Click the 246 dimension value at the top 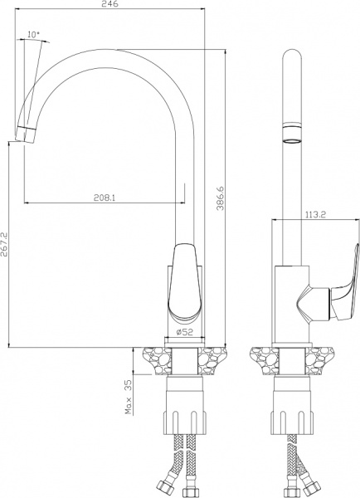[110, 4]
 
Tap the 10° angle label [34, 34]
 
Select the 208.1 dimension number [105, 198]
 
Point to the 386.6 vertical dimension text [221, 198]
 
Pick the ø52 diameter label [184, 332]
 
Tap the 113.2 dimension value [315, 215]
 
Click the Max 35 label [129, 398]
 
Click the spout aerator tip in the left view [26, 134]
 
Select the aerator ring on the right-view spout [292, 134]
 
